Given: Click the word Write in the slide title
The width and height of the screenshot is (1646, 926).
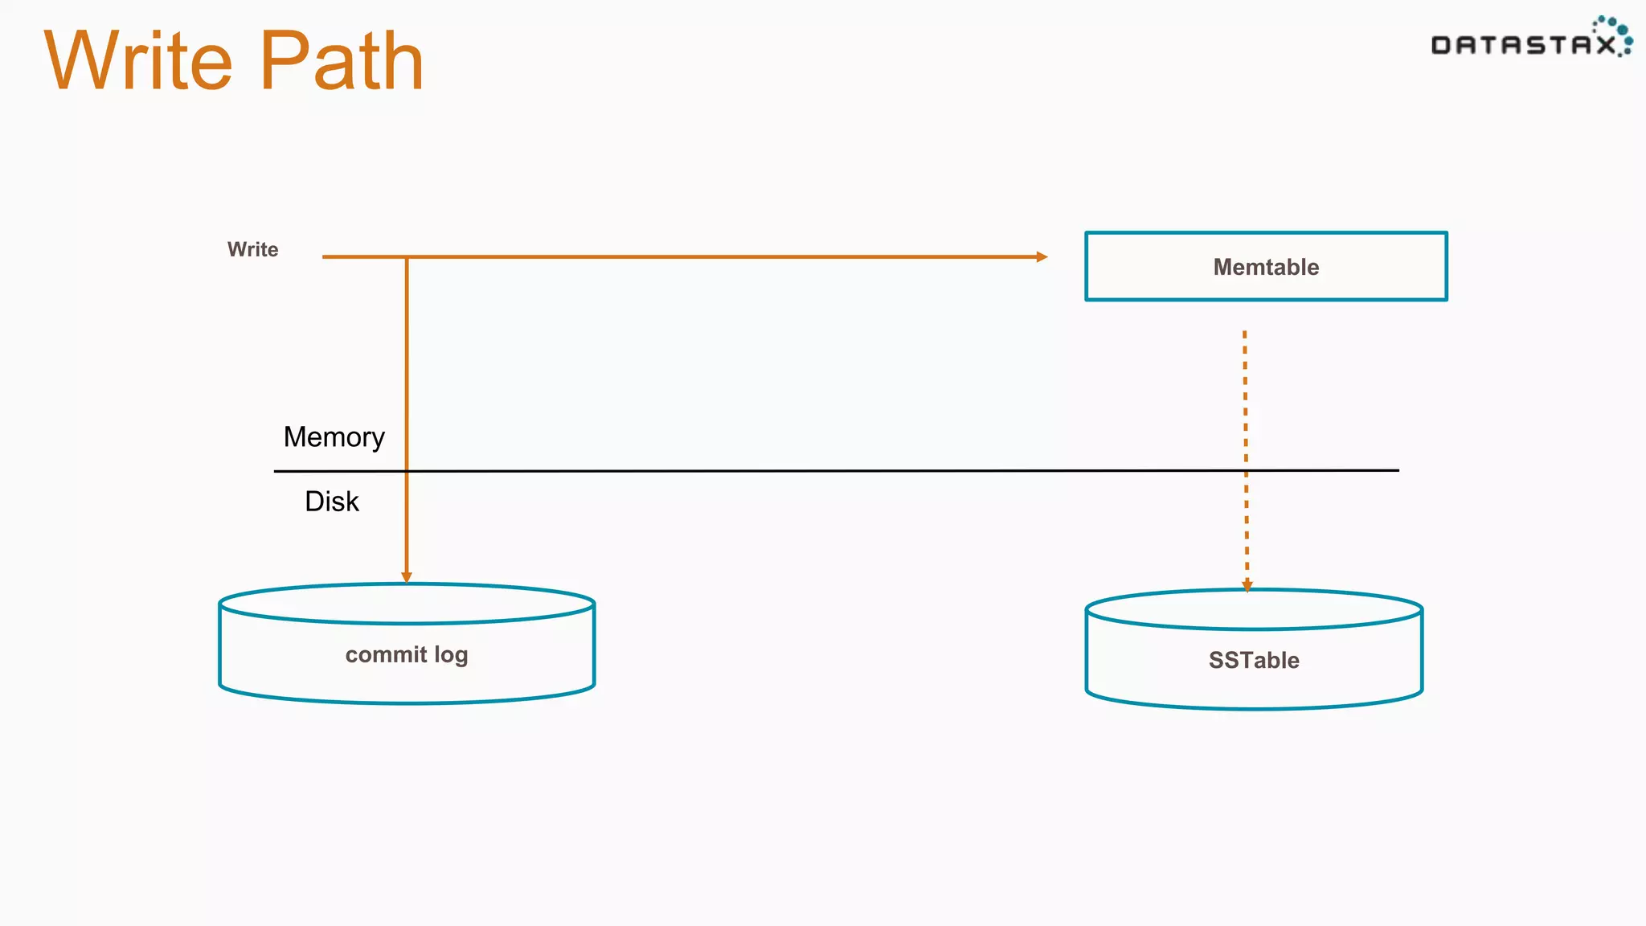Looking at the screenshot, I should pyautogui.click(x=138, y=61).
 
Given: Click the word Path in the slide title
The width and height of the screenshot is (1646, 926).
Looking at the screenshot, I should pyautogui.click(x=342, y=61).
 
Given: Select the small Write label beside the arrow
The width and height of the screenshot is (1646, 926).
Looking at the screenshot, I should pyautogui.click(x=252, y=249).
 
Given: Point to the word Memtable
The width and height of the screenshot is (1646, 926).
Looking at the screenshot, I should pyautogui.click(x=1266, y=267).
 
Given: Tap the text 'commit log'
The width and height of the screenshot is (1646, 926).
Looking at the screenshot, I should pyautogui.click(x=407, y=654).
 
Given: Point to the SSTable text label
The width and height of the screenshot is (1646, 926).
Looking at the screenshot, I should pyautogui.click(x=1254, y=660).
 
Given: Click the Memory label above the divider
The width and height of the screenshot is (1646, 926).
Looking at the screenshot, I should pyautogui.click(x=334, y=437).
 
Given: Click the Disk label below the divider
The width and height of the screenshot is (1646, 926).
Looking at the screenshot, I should pyautogui.click(x=331, y=502).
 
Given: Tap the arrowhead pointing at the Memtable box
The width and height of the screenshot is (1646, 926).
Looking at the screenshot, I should pyautogui.click(x=1042, y=256).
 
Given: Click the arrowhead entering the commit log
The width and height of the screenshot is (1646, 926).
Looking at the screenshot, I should pyautogui.click(x=407, y=577).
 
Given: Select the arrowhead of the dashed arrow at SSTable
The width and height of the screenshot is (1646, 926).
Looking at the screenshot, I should pyautogui.click(x=1247, y=586).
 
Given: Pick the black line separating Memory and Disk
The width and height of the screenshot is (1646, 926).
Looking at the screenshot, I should pyautogui.click(x=804, y=471).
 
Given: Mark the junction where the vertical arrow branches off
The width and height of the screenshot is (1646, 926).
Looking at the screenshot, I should pyautogui.click(x=407, y=257).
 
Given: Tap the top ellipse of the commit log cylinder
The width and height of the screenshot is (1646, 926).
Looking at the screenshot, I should pyautogui.click(x=407, y=604).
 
